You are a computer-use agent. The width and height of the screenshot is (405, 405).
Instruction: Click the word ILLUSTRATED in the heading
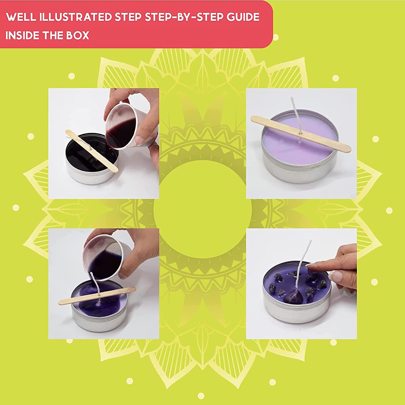pos(76,17)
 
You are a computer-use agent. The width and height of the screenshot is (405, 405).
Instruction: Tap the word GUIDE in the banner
pos(243,17)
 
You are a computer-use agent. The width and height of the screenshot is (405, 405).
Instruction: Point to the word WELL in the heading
pos(21,17)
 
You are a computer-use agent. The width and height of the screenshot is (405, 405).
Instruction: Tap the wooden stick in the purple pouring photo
pos(97,296)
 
